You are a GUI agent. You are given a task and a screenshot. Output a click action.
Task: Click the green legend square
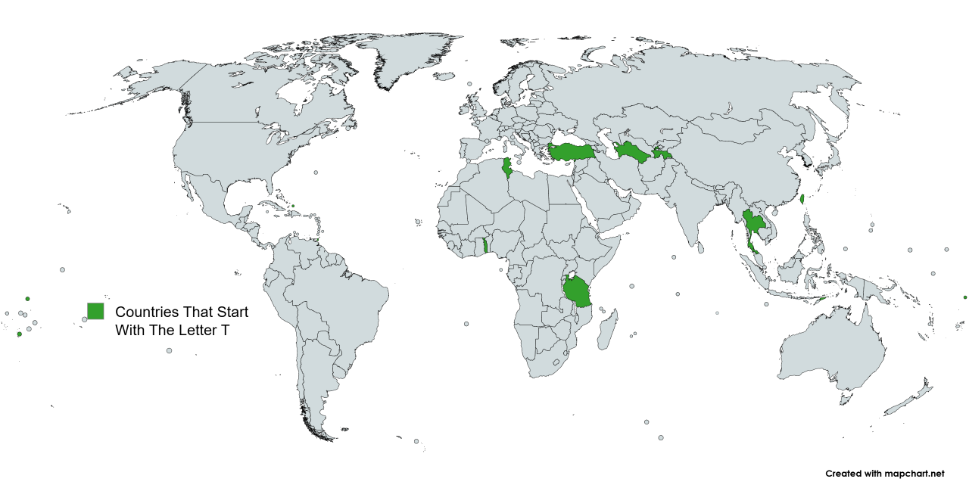[x=95, y=311]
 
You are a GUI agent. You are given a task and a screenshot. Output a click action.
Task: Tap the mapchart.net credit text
[x=885, y=474]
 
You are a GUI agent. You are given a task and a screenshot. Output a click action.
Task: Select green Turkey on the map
[x=572, y=151]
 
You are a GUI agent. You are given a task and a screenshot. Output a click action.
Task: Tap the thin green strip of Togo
[x=485, y=246]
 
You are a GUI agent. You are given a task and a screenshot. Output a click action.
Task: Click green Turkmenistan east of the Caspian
[x=630, y=152]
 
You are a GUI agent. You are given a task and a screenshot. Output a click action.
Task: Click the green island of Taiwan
[x=803, y=200]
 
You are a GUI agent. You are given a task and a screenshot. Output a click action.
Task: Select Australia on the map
[x=833, y=352]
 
